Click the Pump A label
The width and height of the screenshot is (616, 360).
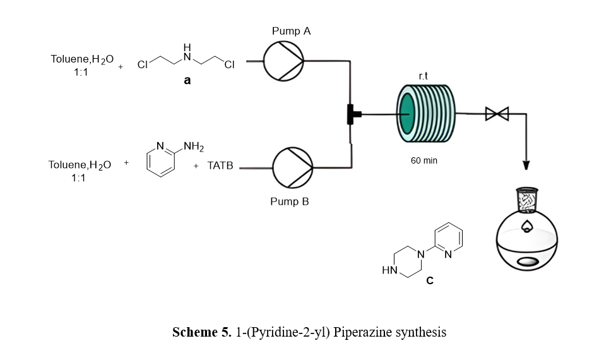point(291,31)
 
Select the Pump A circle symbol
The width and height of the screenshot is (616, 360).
point(283,62)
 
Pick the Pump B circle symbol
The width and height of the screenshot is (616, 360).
point(292,167)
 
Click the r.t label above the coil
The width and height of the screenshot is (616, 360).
point(424,76)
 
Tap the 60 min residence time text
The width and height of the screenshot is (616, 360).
point(423,161)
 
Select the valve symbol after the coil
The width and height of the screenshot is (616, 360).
point(497,114)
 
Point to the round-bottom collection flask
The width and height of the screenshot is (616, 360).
point(528,240)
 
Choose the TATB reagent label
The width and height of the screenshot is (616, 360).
point(221,165)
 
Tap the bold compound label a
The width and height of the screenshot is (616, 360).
point(187,81)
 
